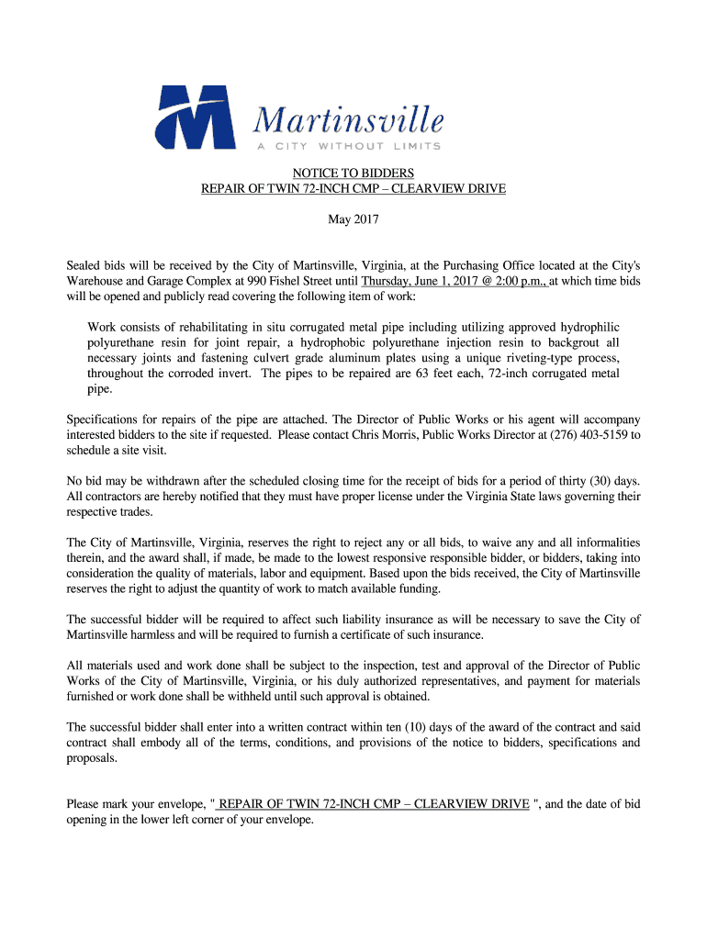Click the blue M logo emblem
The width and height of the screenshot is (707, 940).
click(x=194, y=117)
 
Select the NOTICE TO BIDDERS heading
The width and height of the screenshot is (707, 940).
click(x=353, y=173)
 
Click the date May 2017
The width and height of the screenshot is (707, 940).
click(x=353, y=220)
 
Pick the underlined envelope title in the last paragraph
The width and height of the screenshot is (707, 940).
click(x=373, y=804)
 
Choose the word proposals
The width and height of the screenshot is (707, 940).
click(x=92, y=757)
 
